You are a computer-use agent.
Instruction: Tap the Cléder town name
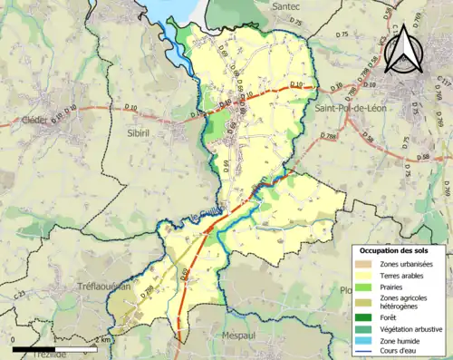coord(35,120)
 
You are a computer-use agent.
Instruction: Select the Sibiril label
coord(134,131)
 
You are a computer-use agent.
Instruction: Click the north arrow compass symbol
coord(402,47)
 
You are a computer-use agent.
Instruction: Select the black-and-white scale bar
coord(54,348)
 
